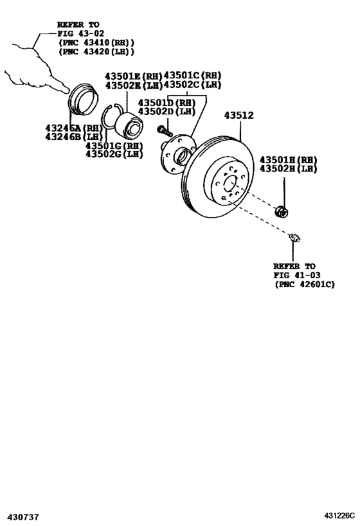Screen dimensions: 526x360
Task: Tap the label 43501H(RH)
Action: click(288, 159)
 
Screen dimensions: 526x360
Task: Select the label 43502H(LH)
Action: click(288, 169)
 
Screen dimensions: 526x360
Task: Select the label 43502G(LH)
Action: click(113, 154)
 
